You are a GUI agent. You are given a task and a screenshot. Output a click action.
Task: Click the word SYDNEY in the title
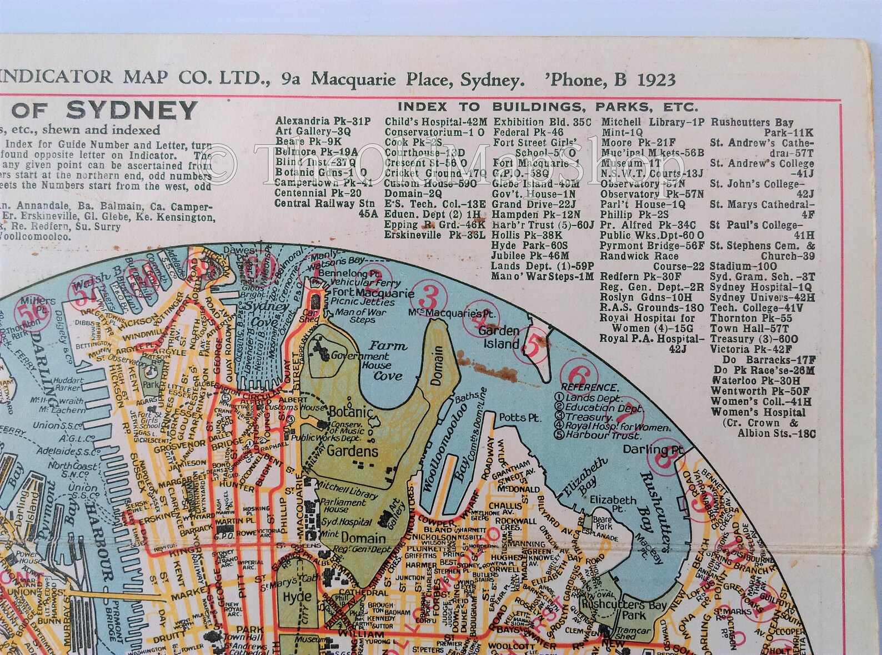click(132, 111)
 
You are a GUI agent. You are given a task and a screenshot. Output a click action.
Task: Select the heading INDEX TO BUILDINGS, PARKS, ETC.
click(548, 107)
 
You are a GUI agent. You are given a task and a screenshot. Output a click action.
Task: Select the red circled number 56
click(26, 316)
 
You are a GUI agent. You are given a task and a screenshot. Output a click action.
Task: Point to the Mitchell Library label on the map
click(348, 493)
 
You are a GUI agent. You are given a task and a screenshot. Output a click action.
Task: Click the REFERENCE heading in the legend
click(589, 387)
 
